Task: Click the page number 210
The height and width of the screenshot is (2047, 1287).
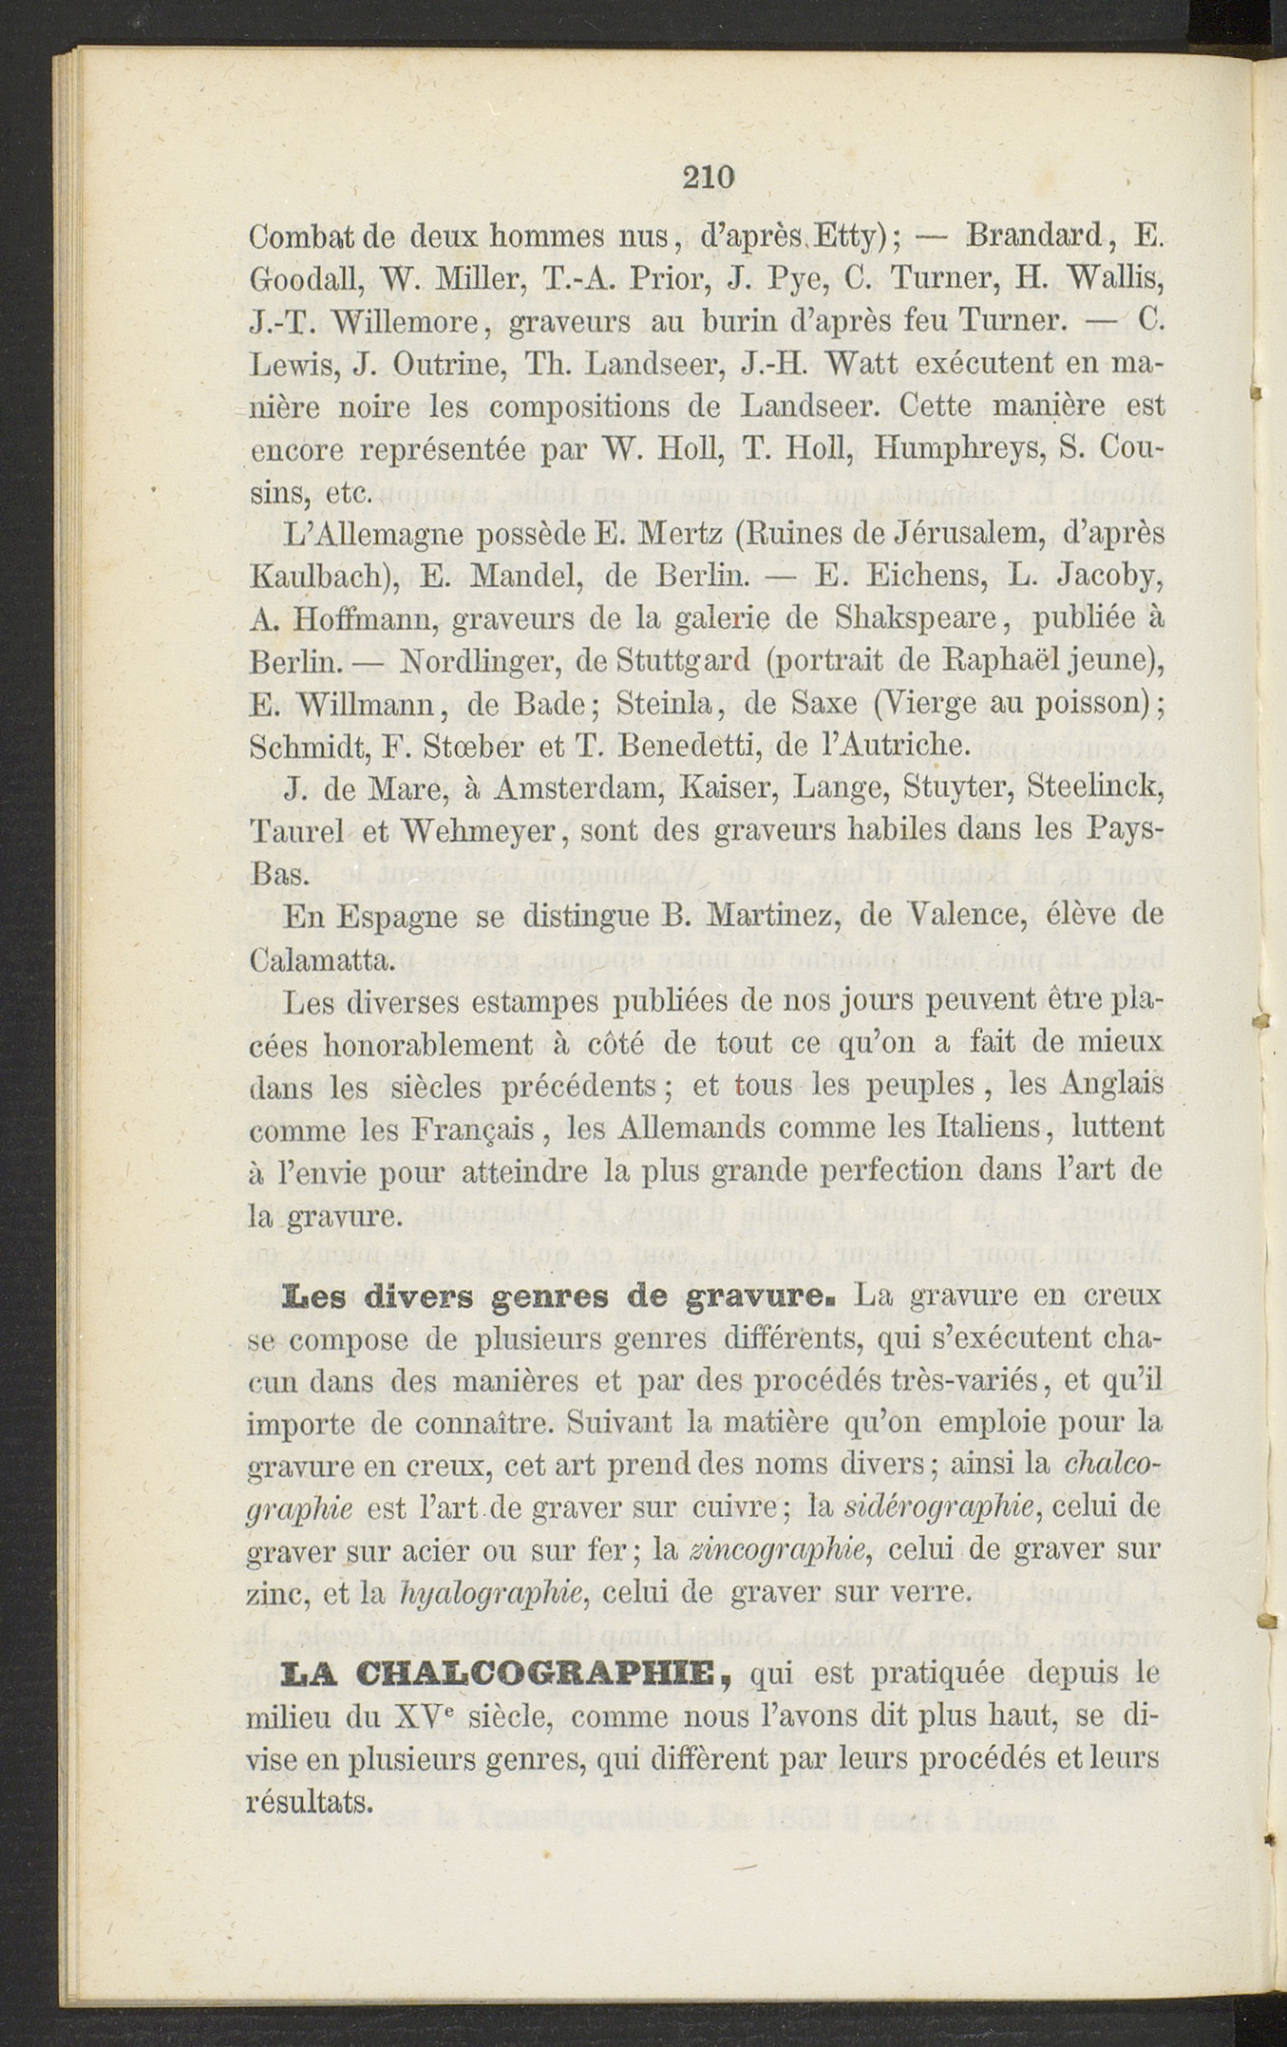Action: pyautogui.click(x=710, y=178)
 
